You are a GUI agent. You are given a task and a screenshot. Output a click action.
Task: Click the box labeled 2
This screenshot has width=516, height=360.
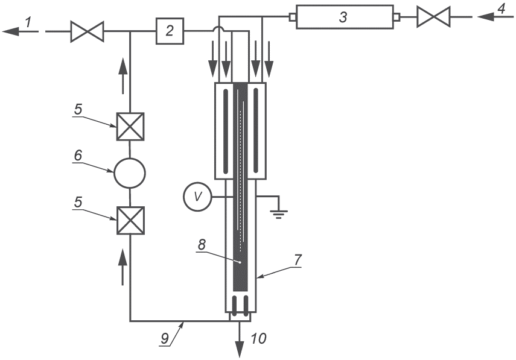(x=170, y=31)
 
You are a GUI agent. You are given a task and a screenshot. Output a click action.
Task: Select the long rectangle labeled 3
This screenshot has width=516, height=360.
(x=345, y=17)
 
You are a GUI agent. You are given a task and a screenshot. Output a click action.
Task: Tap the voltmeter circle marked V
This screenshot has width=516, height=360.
(x=197, y=197)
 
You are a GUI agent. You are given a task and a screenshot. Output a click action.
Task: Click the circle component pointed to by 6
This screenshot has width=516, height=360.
(x=129, y=173)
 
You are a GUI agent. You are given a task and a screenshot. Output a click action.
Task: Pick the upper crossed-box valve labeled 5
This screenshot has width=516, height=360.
(x=130, y=127)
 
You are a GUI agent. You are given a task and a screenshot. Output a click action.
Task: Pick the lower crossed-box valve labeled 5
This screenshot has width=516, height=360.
(x=130, y=220)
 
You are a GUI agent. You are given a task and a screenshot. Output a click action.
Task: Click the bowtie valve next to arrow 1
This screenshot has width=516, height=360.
(x=87, y=31)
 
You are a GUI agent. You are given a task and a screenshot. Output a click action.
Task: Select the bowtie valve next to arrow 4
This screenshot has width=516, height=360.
(x=433, y=17)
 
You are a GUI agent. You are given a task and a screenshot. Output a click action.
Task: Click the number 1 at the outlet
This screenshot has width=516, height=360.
(x=28, y=22)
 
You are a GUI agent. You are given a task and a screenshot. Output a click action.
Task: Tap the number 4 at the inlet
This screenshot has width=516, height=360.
(x=501, y=8)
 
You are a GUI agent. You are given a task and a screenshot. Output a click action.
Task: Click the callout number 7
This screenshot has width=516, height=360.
(x=297, y=260)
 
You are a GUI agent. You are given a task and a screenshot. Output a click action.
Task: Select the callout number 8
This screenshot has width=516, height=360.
(x=202, y=245)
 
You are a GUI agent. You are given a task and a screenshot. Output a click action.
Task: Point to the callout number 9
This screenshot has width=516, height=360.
(x=165, y=338)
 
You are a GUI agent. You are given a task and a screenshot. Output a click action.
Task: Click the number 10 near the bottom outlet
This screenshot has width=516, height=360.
(x=258, y=338)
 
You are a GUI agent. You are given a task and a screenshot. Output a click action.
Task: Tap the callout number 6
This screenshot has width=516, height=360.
(x=78, y=155)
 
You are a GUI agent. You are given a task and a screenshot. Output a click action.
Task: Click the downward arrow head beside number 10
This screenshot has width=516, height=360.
(x=240, y=350)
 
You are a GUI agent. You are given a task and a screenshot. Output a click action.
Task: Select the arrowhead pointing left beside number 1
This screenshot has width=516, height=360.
(x=10, y=31)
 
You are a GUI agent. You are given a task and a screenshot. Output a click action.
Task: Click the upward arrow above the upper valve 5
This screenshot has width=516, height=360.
(x=123, y=76)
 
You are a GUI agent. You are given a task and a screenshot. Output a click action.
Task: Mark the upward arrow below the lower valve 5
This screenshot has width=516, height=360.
(x=123, y=267)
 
